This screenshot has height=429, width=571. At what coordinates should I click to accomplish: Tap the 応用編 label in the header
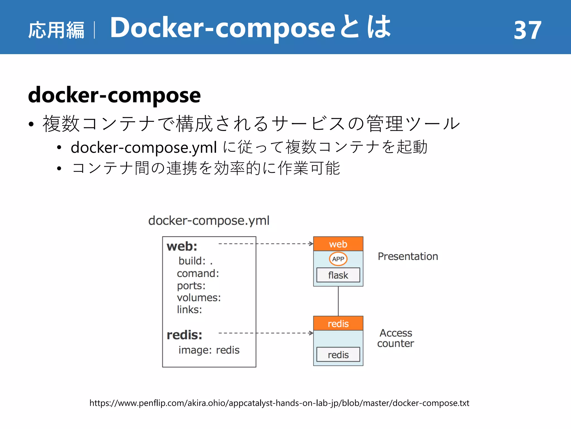[56, 30]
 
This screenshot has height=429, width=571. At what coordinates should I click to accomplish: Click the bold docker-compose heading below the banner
[114, 95]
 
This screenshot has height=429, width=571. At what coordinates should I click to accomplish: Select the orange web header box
[338, 244]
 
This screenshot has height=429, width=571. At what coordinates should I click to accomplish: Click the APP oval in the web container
[338, 259]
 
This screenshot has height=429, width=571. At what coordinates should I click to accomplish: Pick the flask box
[338, 275]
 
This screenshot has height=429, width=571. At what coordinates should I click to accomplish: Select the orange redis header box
[338, 323]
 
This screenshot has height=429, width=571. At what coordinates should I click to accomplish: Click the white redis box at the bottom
[338, 355]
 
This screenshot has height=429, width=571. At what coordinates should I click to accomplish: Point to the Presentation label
[408, 256]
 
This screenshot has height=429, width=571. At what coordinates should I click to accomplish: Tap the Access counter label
[395, 338]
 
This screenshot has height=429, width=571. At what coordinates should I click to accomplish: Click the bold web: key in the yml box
[182, 246]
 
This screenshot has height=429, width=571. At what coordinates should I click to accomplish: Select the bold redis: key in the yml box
[184, 335]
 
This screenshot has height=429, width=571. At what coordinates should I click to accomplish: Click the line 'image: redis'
[209, 350]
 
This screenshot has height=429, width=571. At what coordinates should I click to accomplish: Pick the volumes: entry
[199, 298]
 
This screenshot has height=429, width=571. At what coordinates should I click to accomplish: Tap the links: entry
[189, 310]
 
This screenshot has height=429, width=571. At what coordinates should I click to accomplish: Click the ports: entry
[191, 286]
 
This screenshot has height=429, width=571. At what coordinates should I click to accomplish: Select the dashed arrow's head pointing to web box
[311, 244]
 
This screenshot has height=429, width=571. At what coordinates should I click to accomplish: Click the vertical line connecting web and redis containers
[338, 301]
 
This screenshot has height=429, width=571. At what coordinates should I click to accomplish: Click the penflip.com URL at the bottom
[279, 403]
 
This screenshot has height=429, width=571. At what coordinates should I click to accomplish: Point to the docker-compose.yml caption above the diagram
[209, 221]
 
